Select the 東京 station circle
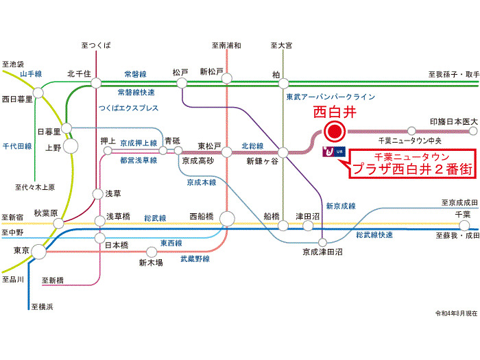coord(39,252)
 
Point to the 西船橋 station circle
coord(227,219)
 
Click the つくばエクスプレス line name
coord(128,108)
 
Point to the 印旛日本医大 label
coord(453,121)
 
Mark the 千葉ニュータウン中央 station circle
coord(411,130)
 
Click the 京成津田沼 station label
coord(323,252)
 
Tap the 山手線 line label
coord(31,73)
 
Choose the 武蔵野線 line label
coord(195,259)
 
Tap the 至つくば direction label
coord(95,45)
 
